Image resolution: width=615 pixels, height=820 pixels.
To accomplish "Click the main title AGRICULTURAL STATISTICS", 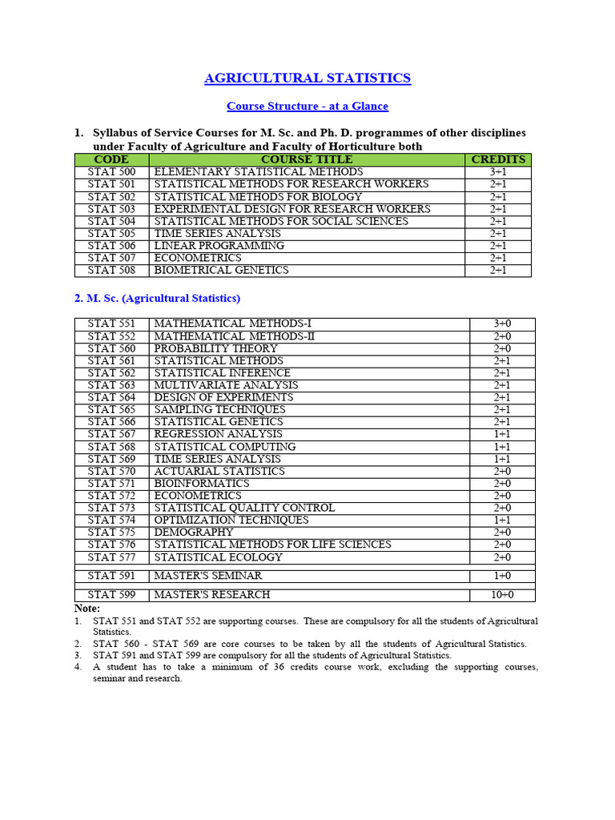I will (307, 78).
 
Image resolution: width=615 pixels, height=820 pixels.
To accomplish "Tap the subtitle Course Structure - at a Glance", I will (307, 106).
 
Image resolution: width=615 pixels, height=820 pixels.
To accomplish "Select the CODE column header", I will (111, 159).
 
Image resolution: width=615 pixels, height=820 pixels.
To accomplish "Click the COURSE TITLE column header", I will (307, 159).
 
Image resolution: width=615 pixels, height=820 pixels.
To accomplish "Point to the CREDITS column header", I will (498, 159).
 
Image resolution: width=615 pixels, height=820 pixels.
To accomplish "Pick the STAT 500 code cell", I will (111, 172).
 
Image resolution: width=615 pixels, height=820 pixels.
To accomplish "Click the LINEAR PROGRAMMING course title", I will (219, 246).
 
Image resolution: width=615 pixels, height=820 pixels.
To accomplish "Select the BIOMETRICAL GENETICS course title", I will (221, 271).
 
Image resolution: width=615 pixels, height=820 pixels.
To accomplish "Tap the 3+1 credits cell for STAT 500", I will (498, 172).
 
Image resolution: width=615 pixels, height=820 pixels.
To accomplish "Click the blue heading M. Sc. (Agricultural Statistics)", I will (157, 298).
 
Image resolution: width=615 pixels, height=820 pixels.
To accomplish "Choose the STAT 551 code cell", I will (111, 324).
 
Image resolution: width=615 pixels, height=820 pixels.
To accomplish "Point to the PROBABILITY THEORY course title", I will (215, 348).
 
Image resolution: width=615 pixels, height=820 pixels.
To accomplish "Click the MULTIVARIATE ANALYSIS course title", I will (226, 385).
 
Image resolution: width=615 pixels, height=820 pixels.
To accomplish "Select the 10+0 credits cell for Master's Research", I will (502, 595).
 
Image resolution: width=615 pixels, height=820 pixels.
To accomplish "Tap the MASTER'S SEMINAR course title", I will (207, 576).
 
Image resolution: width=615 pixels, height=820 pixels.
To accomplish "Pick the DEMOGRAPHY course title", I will (194, 533).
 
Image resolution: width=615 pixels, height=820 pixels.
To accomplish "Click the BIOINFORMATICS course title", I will (201, 484).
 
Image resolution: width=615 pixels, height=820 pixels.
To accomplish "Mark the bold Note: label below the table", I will (87, 609).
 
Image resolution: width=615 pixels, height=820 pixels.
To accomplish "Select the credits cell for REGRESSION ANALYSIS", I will (502, 434).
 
